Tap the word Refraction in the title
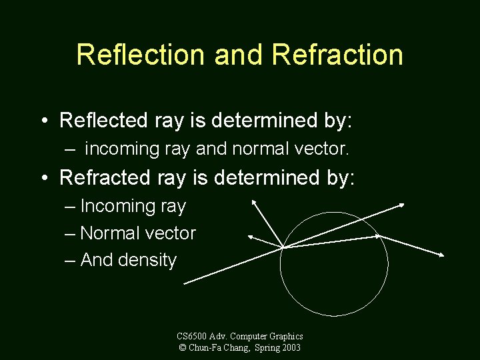click(x=338, y=55)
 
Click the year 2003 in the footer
click(x=291, y=347)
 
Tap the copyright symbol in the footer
click(x=183, y=347)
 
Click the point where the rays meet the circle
click(x=283, y=247)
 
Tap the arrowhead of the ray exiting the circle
click(x=443, y=255)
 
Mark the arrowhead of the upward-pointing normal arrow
click(x=253, y=201)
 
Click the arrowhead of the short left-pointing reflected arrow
click(x=250, y=236)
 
